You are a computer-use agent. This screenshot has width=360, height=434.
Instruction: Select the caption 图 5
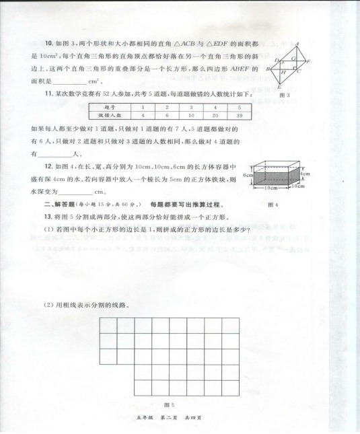click(x=170, y=404)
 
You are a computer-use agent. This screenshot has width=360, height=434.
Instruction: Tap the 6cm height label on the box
click(x=248, y=175)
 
